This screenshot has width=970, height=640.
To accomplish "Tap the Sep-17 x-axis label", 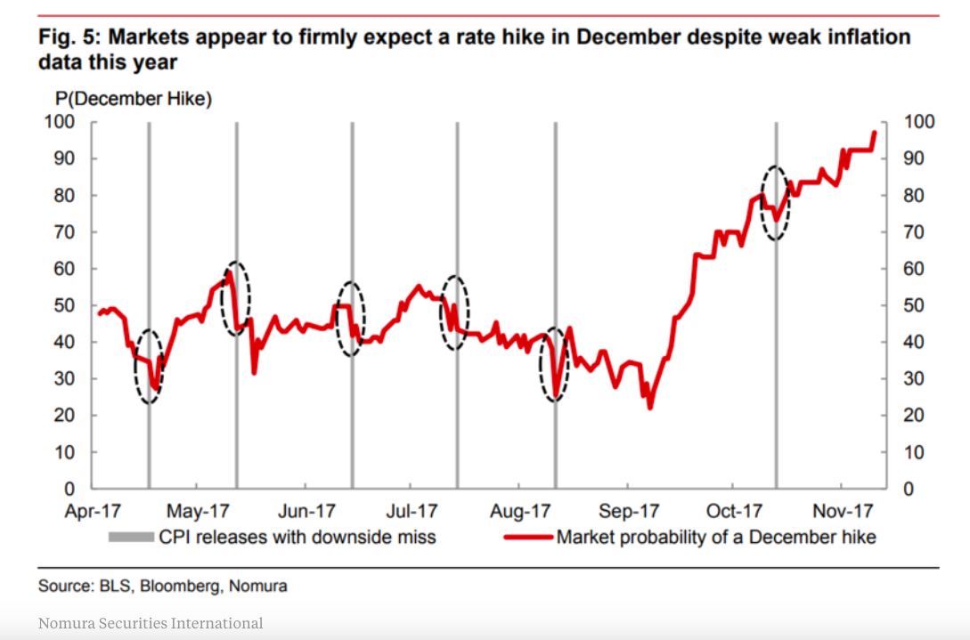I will coord(629,512).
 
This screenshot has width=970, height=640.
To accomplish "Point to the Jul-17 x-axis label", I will coord(411,512).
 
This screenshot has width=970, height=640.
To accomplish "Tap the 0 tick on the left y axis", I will coord(67,489).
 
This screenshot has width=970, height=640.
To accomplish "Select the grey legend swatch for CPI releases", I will coord(132,537).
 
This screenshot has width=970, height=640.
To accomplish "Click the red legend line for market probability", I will coord(529,537).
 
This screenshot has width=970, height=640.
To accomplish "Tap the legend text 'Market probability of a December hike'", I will coord(716,537).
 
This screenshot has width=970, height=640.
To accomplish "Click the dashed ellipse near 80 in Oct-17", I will coord(776,203).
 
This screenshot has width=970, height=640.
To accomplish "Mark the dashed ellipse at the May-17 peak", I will coord(236,298).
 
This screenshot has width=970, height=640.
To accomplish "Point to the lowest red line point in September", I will coord(650,407).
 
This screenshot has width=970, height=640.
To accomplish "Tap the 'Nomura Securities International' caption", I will coord(151,623).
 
